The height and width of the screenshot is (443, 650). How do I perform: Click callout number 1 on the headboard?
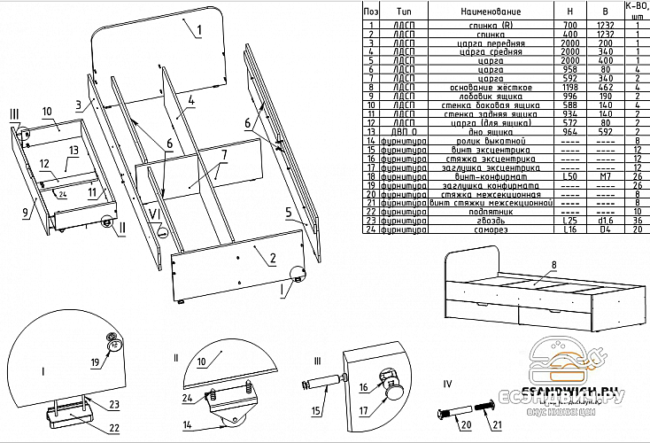[198, 30]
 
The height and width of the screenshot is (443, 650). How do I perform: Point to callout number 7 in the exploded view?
[223, 154]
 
